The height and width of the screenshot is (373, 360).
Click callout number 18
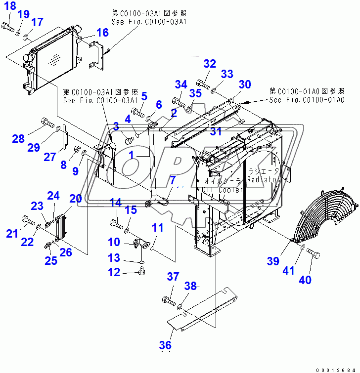[9, 6]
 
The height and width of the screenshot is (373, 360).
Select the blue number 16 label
[102, 33]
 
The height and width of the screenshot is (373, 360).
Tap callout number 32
[210, 64]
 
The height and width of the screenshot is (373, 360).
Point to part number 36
[166, 345]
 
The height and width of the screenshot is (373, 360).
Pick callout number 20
[76, 199]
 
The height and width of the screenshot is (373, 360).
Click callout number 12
[115, 271]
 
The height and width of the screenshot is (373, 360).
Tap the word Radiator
[264, 179]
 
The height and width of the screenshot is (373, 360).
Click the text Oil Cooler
[223, 190]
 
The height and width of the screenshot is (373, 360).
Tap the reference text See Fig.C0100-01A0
[307, 100]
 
